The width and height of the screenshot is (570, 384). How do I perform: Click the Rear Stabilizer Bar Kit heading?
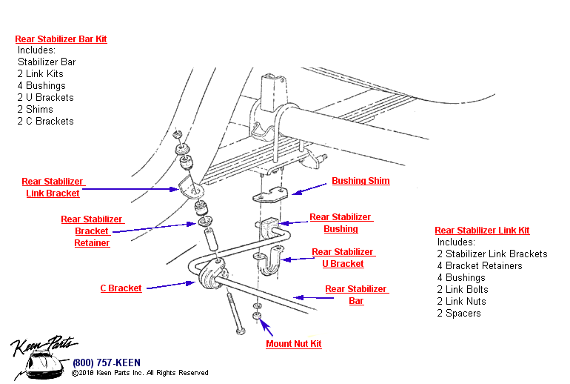(61, 39)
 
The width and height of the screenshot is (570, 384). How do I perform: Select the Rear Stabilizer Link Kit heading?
(482, 231)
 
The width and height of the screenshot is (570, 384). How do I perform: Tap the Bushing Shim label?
(361, 181)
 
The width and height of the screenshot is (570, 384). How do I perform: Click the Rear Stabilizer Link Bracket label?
(52, 188)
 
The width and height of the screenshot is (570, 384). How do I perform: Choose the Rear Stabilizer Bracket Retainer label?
(92, 231)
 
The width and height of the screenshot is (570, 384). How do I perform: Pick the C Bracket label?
(121, 288)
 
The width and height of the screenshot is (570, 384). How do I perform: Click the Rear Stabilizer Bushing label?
(341, 223)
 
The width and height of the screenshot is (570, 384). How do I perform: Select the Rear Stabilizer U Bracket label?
(342, 258)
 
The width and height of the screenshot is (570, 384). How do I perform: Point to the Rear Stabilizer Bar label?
(356, 295)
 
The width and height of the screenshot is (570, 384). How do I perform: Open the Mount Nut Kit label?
(294, 344)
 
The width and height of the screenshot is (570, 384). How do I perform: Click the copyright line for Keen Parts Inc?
(140, 373)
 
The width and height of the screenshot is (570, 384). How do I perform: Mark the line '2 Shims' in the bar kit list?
(36, 109)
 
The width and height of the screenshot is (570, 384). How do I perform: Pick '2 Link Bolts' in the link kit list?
(463, 289)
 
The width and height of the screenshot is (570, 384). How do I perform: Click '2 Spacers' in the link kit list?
(459, 313)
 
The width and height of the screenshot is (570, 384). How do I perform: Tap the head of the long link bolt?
(241, 331)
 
